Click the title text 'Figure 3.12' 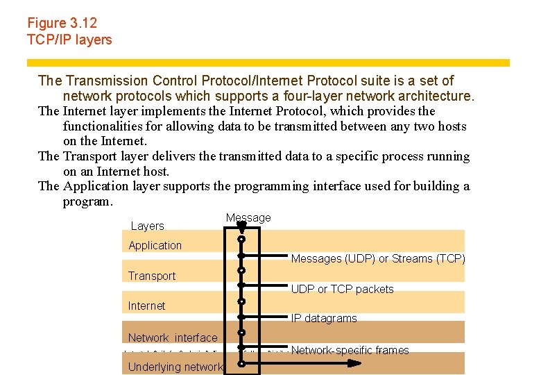click(62, 23)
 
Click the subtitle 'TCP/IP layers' click(69, 40)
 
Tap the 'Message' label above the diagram click(248, 218)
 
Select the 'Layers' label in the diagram click(147, 226)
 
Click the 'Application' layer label click(155, 245)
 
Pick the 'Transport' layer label click(151, 276)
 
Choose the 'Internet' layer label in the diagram click(146, 306)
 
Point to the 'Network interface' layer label click(172, 337)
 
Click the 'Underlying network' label click(175, 367)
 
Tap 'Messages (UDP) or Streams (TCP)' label click(378, 258)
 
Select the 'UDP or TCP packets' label click(342, 289)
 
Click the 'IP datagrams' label click(324, 319)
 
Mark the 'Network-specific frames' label click(350, 350)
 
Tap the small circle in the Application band click(241, 240)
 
